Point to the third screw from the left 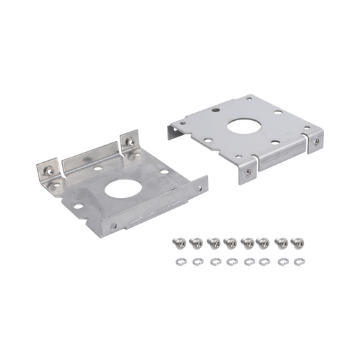coord(214,240)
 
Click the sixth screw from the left coord(264,240)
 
